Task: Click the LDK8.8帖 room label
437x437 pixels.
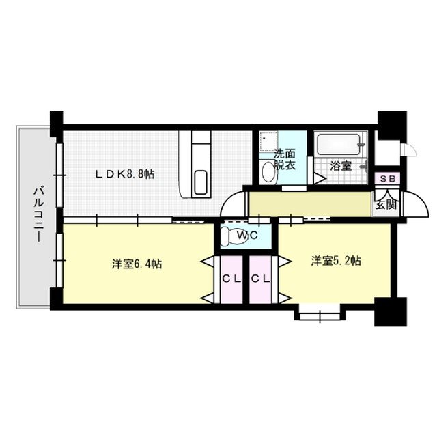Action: pos(124,174)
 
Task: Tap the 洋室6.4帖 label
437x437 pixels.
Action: pos(137,264)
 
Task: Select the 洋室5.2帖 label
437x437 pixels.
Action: pos(336,261)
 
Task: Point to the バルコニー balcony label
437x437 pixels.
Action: pos(39,214)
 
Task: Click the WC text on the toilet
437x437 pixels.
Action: pos(247,236)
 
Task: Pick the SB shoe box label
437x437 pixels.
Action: pos(388,179)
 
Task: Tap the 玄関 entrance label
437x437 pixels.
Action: pos(386,205)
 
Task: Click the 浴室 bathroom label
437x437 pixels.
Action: pos(340,166)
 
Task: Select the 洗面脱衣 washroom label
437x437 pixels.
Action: pos(285,160)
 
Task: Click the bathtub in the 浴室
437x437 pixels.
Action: pos(339,144)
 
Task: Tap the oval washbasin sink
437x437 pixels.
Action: pos(268,172)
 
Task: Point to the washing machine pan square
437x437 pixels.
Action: pos(268,141)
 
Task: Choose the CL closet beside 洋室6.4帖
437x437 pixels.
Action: pos(231,279)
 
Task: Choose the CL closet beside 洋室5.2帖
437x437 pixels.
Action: pos(260,279)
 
